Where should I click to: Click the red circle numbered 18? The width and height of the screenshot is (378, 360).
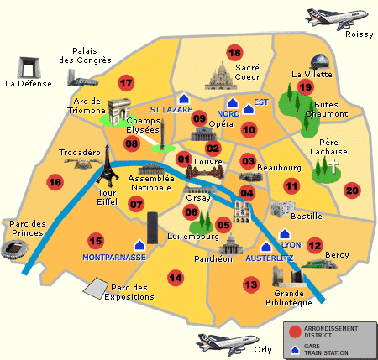point(234,52)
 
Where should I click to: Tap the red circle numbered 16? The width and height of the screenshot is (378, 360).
point(55,182)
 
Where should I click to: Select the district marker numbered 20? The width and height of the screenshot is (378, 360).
point(352,190)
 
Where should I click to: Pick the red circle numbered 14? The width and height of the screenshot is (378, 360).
point(175,278)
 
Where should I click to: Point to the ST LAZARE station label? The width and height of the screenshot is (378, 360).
point(171,110)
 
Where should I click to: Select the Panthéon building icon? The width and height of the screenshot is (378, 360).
point(229,243)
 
